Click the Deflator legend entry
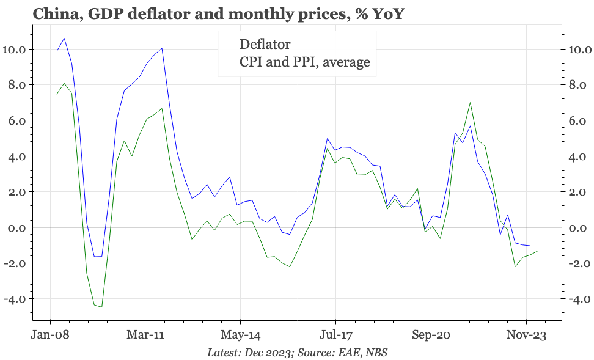pyautogui.click(x=265, y=44)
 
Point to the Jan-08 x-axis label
pyautogui.click(x=50, y=335)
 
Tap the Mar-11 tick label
pyautogui.click(x=145, y=335)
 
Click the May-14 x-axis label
pyautogui.click(x=240, y=335)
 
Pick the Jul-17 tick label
pyautogui.click(x=335, y=335)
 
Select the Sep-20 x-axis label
pyautogui.click(x=430, y=335)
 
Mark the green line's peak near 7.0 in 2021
pyautogui.click(x=469, y=103)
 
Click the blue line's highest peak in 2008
pyautogui.click(x=64, y=39)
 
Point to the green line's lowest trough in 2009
pyautogui.click(x=101, y=307)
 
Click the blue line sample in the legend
pyautogui.click(x=229, y=44)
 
